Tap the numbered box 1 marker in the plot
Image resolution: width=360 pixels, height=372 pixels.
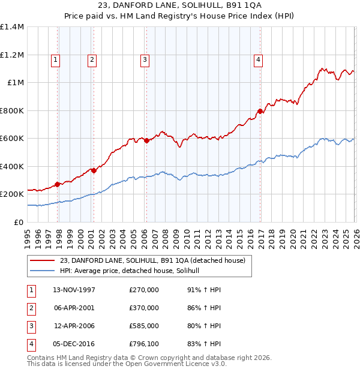pos(55,59)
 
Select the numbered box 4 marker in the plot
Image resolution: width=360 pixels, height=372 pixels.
pos(258,59)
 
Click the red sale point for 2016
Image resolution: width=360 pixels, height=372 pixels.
pos(260,111)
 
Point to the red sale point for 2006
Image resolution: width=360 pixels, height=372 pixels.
pos(146,141)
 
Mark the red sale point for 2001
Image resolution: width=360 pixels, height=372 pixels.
pos(94,170)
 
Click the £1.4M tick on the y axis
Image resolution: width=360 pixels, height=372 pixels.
pos(12,27)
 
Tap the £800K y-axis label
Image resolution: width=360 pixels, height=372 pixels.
pos(12,110)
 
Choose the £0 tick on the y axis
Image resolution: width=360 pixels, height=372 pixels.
pos(19,222)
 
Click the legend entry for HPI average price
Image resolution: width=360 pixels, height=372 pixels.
pos(133,271)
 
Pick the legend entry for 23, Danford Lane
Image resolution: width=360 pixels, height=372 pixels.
pos(152,260)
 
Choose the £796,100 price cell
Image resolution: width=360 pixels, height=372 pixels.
pos(143,344)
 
